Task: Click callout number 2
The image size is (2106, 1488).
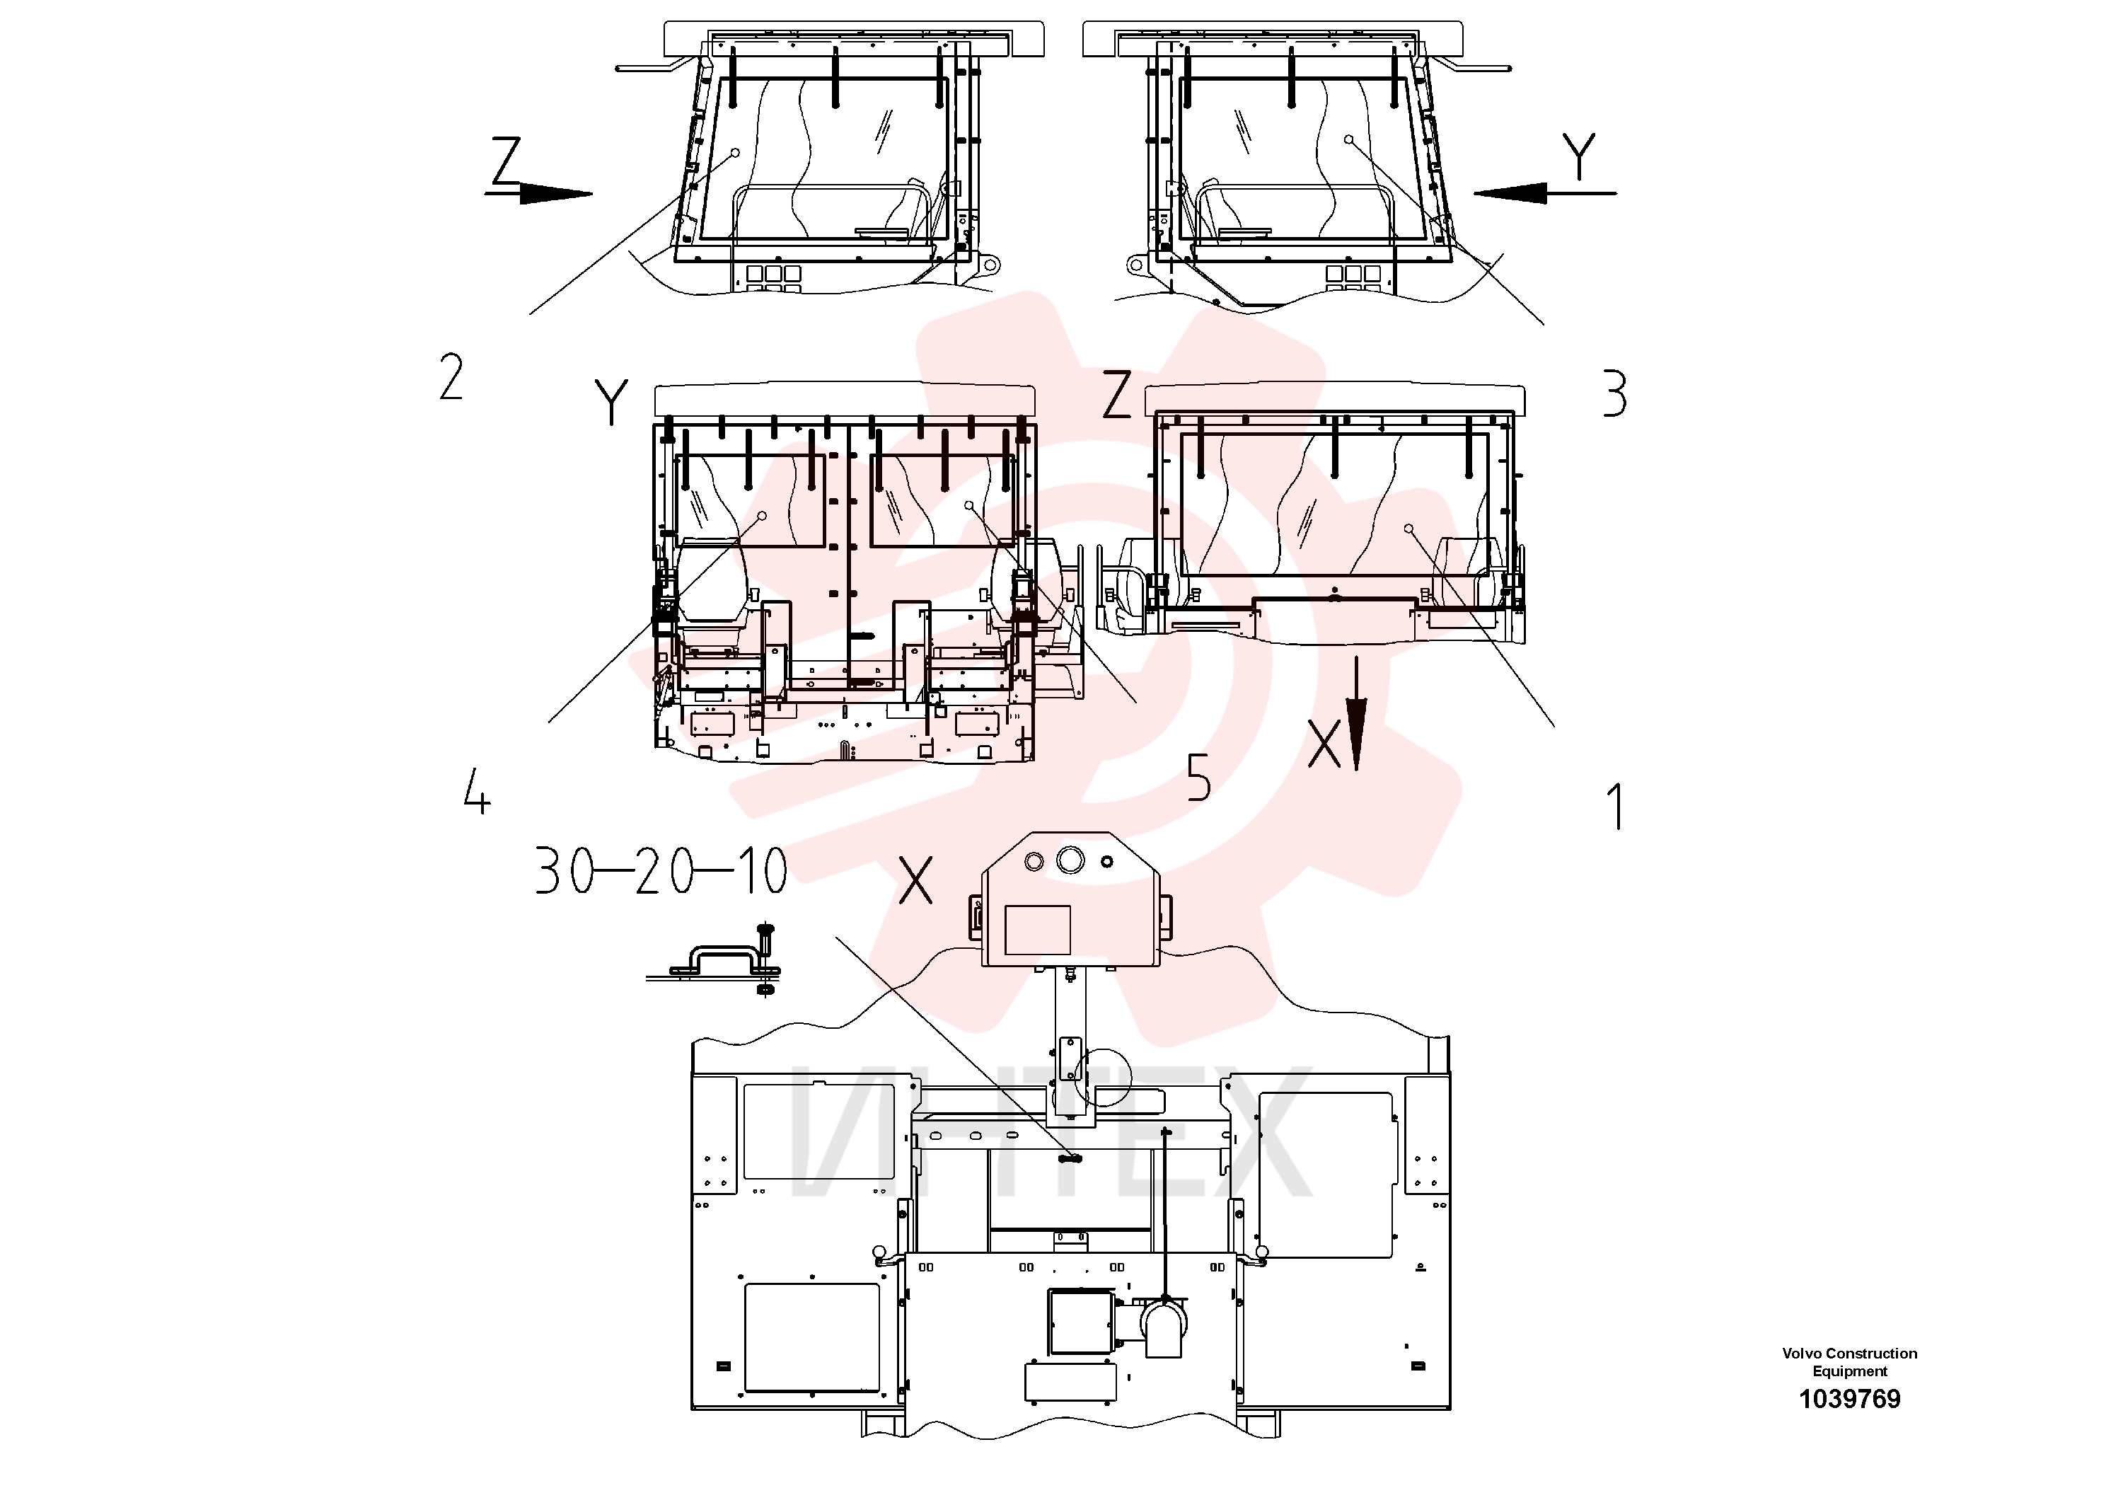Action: click(x=451, y=377)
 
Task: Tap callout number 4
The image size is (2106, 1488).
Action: click(x=477, y=792)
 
